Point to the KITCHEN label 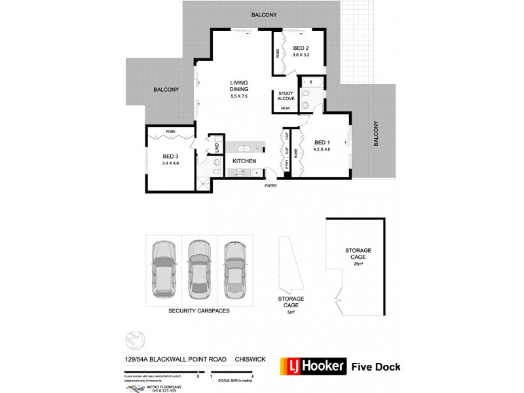pyautogui.click(x=244, y=160)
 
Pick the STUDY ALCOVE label pyautogui.click(x=286, y=96)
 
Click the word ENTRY pyautogui.click(x=271, y=186)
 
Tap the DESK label pyautogui.click(x=285, y=108)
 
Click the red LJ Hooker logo pyautogui.click(x=312, y=366)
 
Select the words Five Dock pyautogui.click(x=376, y=367)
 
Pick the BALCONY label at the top pyautogui.click(x=262, y=14)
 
